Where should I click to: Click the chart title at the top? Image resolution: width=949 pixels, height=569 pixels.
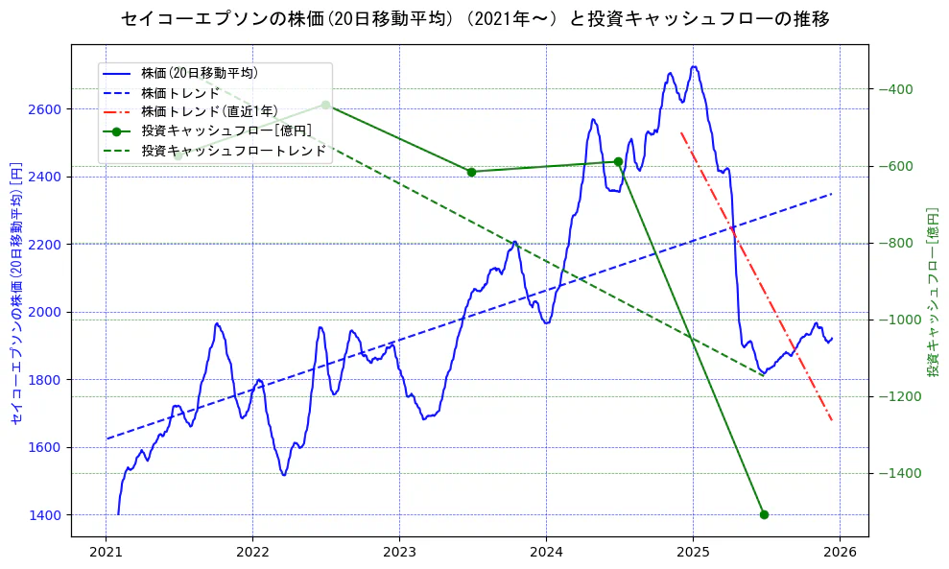click(x=475, y=18)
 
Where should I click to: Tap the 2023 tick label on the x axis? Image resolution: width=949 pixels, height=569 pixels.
click(x=399, y=555)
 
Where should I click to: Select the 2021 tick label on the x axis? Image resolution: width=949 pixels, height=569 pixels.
click(x=106, y=555)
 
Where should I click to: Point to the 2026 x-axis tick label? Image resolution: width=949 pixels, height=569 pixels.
click(x=840, y=555)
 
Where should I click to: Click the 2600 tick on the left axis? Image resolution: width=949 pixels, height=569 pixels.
click(x=48, y=109)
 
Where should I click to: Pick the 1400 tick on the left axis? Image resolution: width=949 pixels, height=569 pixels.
click(x=48, y=515)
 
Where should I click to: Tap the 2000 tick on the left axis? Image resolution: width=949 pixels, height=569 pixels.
click(x=48, y=312)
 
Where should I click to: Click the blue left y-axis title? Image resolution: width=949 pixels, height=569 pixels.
click(x=16, y=292)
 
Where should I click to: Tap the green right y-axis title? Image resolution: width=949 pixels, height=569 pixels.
click(x=932, y=292)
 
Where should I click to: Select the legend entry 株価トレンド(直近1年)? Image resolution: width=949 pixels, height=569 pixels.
click(x=210, y=111)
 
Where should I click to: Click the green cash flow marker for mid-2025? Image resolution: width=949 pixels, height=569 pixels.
click(x=764, y=514)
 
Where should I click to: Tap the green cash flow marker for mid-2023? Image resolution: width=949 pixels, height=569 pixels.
click(x=471, y=172)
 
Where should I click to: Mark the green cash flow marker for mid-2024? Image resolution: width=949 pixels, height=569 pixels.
click(x=618, y=162)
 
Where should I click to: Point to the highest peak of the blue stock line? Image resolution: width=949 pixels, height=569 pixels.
click(x=694, y=67)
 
